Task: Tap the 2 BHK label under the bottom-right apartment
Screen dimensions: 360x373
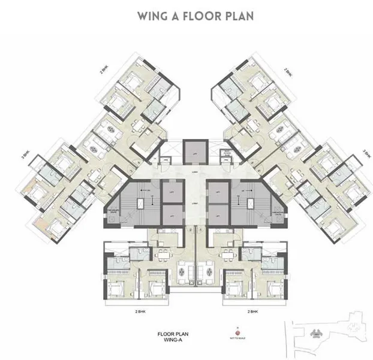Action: pos(254,311)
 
